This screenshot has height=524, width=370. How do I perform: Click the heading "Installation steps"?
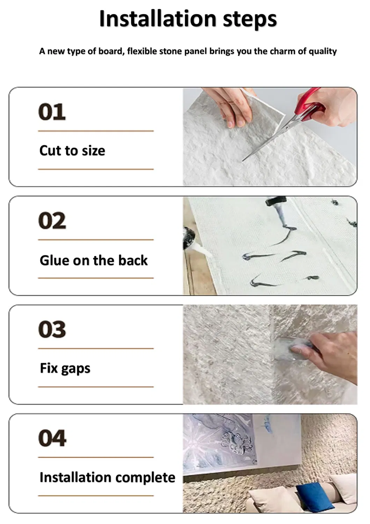pyautogui.click(x=188, y=19)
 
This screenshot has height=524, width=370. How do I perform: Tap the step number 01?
pyautogui.click(x=52, y=112)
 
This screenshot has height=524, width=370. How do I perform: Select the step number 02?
pyautogui.click(x=52, y=220)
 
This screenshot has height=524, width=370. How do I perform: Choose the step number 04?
pyautogui.click(x=52, y=438)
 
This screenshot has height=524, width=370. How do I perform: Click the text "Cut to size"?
pyautogui.click(x=72, y=151)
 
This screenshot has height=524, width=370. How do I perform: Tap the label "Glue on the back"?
pyautogui.click(x=94, y=260)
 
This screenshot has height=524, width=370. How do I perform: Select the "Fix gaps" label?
pyautogui.click(x=65, y=369)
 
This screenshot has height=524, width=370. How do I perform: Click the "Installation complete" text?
pyautogui.click(x=107, y=477)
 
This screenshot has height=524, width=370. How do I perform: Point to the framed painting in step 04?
pyautogui.click(x=241, y=444)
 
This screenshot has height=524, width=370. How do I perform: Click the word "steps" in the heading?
pyautogui.click(x=250, y=19)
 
